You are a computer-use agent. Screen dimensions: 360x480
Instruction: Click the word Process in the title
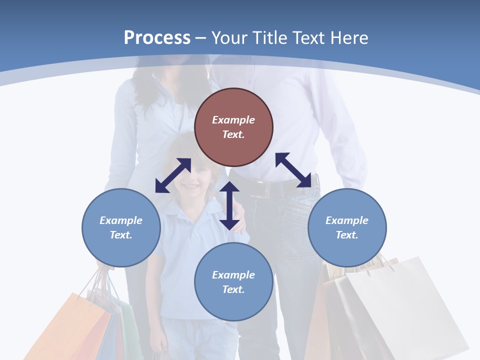pyautogui.click(x=157, y=38)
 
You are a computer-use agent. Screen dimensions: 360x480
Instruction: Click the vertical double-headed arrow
pyautogui.click(x=229, y=205)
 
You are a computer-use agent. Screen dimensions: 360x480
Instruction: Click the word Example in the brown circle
pyautogui.click(x=233, y=120)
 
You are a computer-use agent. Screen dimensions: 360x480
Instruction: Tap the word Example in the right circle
pyautogui.click(x=347, y=220)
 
